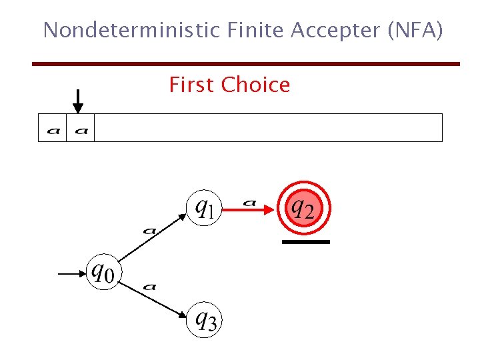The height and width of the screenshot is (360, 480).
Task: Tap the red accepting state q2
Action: (304, 209)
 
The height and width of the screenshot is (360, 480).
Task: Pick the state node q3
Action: (204, 320)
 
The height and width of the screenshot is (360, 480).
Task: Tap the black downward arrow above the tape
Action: (78, 101)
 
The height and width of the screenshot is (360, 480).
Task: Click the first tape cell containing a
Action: (53, 128)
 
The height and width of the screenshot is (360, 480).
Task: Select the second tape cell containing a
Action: (81, 128)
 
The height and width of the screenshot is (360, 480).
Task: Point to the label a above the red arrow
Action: (249, 201)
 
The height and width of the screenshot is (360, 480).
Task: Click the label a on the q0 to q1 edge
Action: (149, 231)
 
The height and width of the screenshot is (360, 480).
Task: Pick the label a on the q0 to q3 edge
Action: (149, 287)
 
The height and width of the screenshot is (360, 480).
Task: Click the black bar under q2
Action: (306, 242)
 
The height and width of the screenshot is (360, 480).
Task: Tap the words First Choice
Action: (229, 85)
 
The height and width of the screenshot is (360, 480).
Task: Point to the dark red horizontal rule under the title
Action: (246, 64)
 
